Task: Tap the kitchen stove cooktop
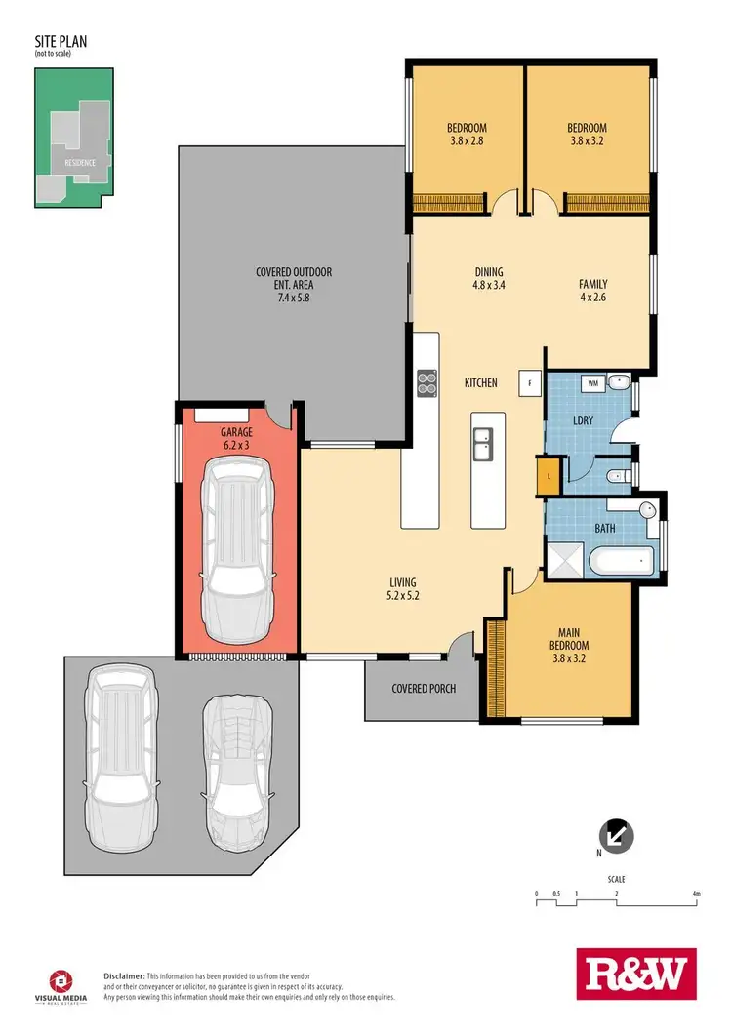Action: (x=427, y=382)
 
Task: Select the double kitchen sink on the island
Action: (x=483, y=447)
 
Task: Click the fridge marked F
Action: (x=530, y=382)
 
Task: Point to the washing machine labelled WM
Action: (x=592, y=384)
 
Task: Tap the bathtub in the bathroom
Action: (x=622, y=561)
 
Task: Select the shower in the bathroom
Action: (x=563, y=560)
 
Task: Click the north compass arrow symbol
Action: (x=619, y=835)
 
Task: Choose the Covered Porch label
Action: (x=424, y=688)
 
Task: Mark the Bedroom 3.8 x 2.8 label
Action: (x=467, y=134)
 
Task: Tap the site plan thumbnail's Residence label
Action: (x=80, y=162)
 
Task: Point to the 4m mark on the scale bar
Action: (x=696, y=893)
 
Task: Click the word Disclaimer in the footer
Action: (x=124, y=975)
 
